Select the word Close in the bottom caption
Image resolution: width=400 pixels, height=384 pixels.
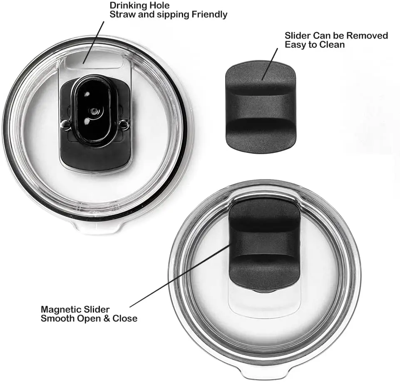click(x=125, y=319)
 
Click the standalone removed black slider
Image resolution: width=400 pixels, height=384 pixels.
click(x=261, y=108)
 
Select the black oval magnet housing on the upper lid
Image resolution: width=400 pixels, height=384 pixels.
click(x=92, y=110)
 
